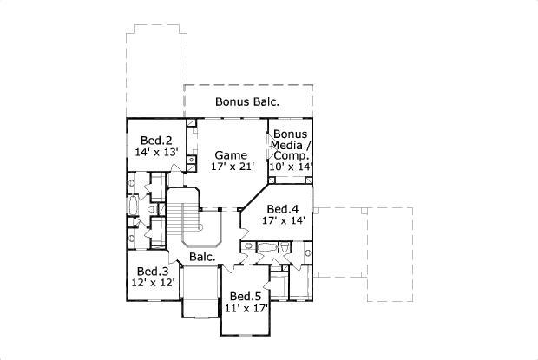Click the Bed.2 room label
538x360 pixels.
(156, 140)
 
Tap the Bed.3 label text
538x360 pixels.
(152, 272)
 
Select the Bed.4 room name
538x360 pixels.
(283, 209)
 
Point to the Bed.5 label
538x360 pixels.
(246, 296)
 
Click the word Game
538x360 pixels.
(231, 155)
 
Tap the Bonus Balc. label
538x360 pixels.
(247, 102)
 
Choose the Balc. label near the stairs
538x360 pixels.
(202, 257)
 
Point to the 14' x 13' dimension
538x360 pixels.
(156, 152)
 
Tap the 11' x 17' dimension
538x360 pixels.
(246, 308)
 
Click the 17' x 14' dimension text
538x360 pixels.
(283, 220)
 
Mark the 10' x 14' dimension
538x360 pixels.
(292, 166)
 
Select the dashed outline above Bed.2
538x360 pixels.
(156, 69)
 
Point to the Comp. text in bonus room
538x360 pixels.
(292, 155)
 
